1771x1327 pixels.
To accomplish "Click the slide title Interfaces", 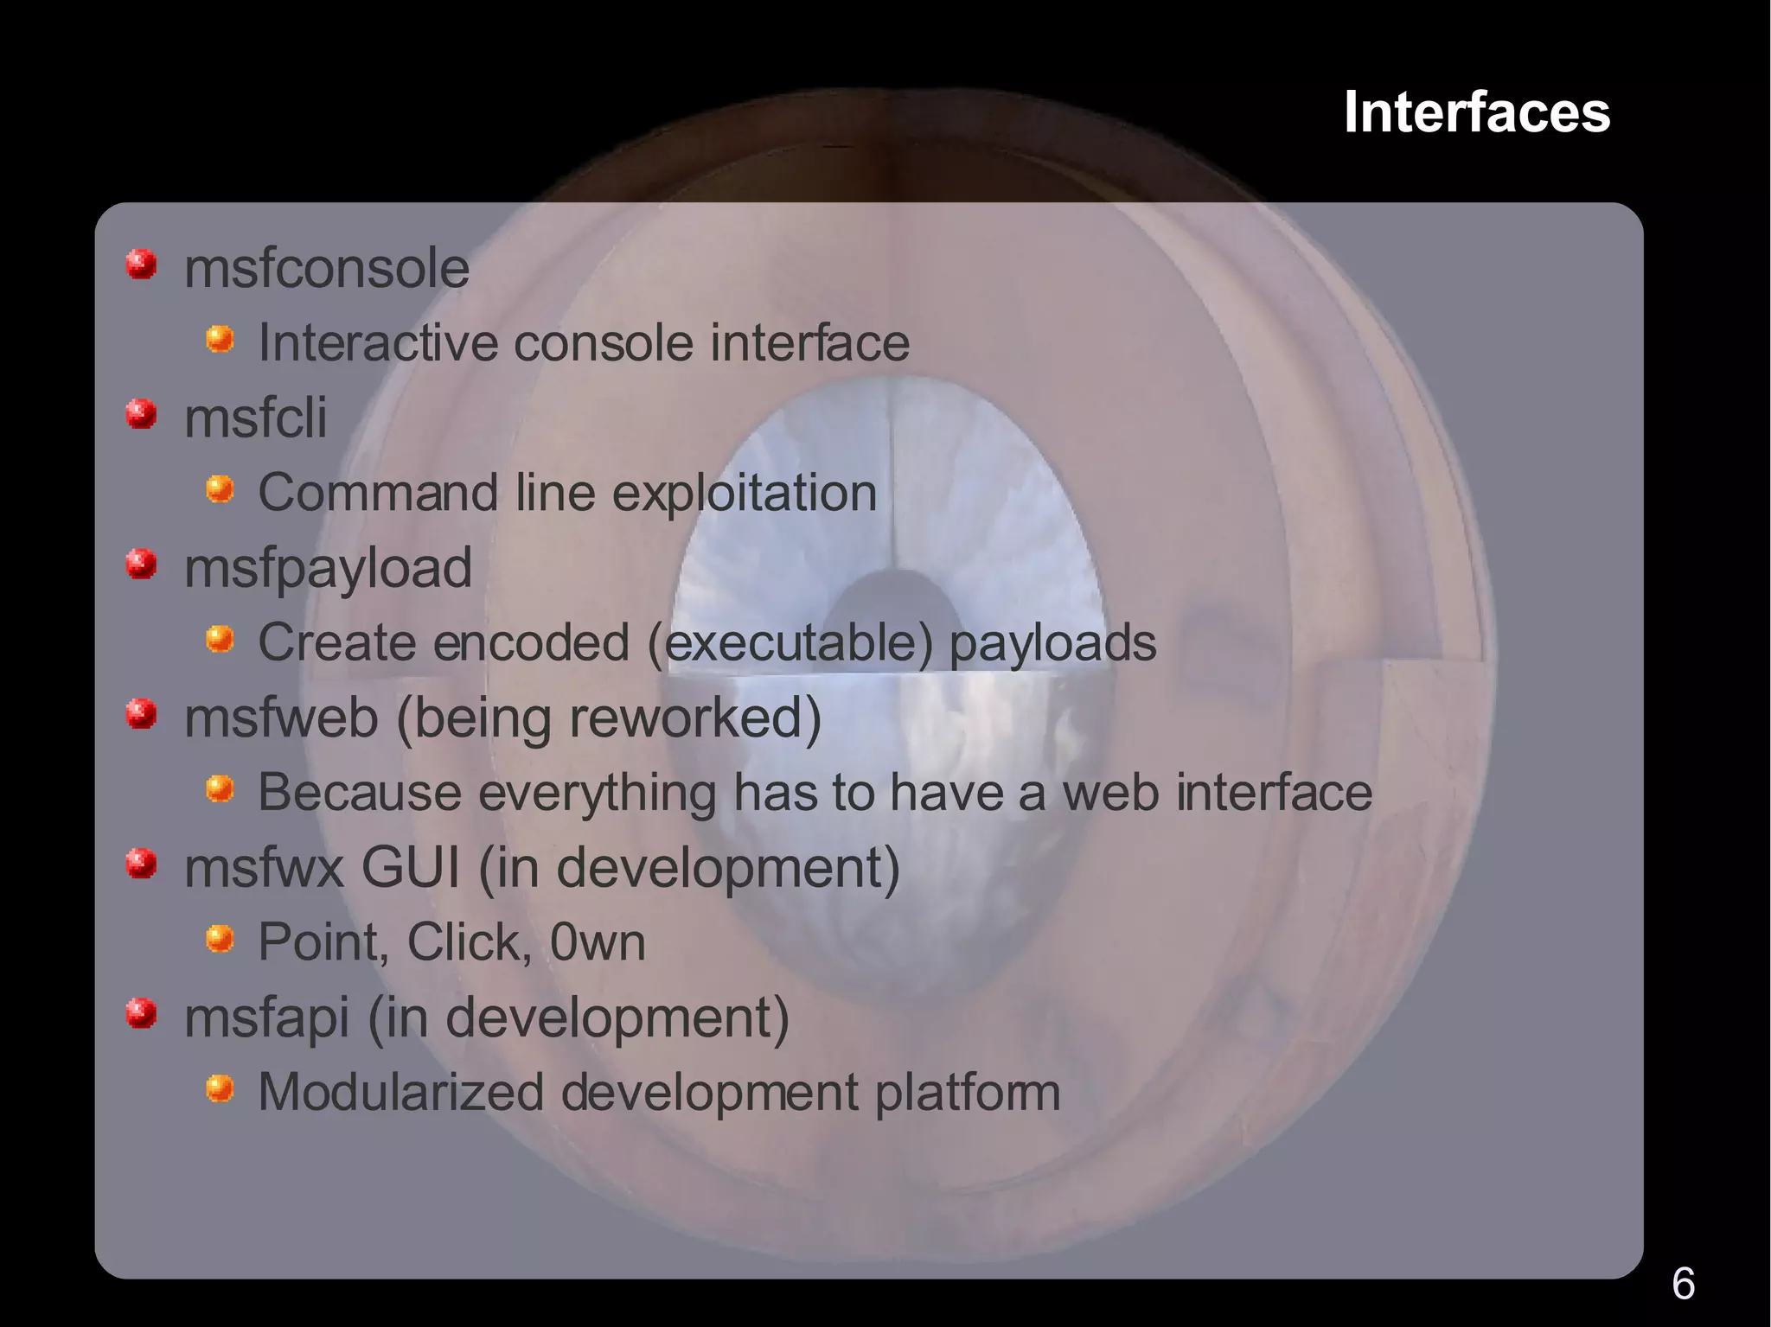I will pos(1476,112).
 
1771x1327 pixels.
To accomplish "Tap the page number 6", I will pos(1683,1283).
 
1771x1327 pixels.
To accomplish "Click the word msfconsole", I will pos(327,268).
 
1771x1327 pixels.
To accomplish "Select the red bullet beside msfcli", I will pos(141,414).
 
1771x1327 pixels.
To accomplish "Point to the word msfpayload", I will pos(329,569).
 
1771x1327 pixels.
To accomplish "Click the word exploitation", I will pos(745,493).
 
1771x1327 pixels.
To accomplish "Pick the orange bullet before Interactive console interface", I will pos(220,339).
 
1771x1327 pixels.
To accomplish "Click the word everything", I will pos(597,793).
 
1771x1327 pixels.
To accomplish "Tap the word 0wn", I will pos(598,942).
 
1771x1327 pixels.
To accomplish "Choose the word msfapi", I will pos(266,1018).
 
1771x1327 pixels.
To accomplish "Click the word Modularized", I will pos(400,1092).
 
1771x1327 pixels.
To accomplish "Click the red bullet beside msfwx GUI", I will pos(141,864).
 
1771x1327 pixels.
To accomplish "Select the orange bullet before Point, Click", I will pos(220,938).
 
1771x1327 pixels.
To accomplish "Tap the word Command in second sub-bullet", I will pos(378,493).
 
